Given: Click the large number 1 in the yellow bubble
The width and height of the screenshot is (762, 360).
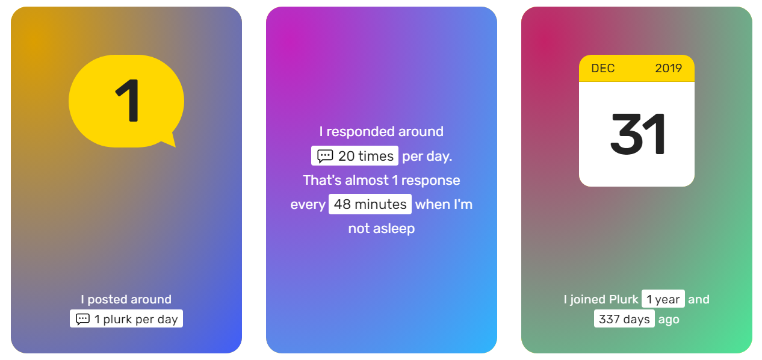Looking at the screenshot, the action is pyautogui.click(x=128, y=101).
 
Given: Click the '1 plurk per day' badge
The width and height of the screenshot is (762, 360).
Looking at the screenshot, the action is pyautogui.click(x=126, y=319).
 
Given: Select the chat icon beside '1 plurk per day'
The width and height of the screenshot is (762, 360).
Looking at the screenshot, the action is pyautogui.click(x=82, y=319).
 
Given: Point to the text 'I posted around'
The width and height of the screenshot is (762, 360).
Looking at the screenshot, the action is pyautogui.click(x=126, y=299).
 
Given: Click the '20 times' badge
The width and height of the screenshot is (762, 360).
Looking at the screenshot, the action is pyautogui.click(x=355, y=156).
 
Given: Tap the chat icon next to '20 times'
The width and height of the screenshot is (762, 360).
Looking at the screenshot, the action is pyautogui.click(x=325, y=156).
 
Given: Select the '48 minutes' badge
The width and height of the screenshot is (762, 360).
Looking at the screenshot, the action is pyautogui.click(x=370, y=204).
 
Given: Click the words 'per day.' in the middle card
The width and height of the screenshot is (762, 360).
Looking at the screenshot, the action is pyautogui.click(x=427, y=156).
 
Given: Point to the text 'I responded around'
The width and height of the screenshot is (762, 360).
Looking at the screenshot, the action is pyautogui.click(x=382, y=132).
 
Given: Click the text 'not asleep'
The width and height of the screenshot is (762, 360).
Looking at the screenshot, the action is pyautogui.click(x=382, y=228).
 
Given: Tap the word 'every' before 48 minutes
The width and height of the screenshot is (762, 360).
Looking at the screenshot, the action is pyautogui.click(x=308, y=205).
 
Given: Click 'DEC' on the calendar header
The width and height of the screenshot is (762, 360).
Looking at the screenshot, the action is pyautogui.click(x=602, y=69).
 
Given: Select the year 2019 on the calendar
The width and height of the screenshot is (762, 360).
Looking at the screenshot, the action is pyautogui.click(x=669, y=69).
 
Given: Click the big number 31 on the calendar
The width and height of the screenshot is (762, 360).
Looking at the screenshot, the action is pyautogui.click(x=637, y=134).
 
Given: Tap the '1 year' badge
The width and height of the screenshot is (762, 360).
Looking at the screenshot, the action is pyautogui.click(x=663, y=299).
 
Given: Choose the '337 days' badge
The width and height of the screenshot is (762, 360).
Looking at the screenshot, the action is pyautogui.click(x=624, y=319).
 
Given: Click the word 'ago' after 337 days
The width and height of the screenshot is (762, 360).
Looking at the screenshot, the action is pyautogui.click(x=669, y=320).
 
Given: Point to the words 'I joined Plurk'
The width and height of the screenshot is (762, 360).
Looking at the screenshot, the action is pyautogui.click(x=601, y=299).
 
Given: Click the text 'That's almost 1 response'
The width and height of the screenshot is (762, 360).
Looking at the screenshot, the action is pyautogui.click(x=382, y=181).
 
